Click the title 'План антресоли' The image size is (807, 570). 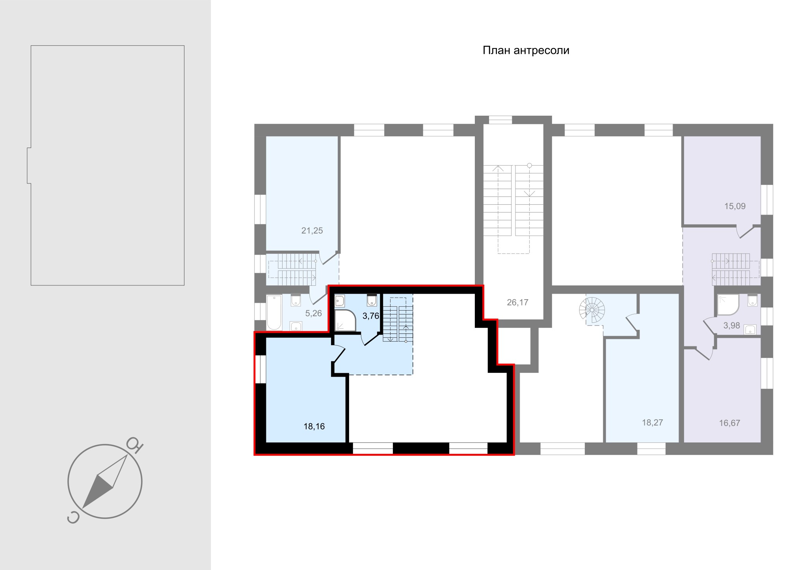526,51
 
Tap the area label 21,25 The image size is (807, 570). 312,231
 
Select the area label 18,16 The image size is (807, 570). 314,426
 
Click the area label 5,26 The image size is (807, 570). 314,313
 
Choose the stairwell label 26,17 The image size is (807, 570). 517,302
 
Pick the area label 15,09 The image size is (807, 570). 735,206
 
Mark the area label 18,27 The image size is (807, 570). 653,422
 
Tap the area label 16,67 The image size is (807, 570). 730,423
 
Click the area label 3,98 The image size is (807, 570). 732,326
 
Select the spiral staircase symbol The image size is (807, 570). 592,310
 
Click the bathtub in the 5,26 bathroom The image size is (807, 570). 274,313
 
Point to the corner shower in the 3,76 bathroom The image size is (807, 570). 345,320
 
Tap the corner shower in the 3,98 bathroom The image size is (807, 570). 728,305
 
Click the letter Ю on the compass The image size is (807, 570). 135,444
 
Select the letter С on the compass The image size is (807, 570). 73,518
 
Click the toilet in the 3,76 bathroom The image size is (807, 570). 372,301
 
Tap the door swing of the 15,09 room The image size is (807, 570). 744,231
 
